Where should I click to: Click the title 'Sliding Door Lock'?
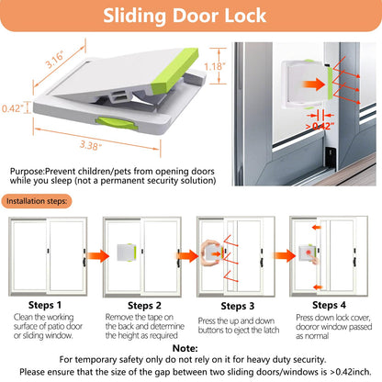point(190,17)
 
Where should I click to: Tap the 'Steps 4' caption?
point(331,304)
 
